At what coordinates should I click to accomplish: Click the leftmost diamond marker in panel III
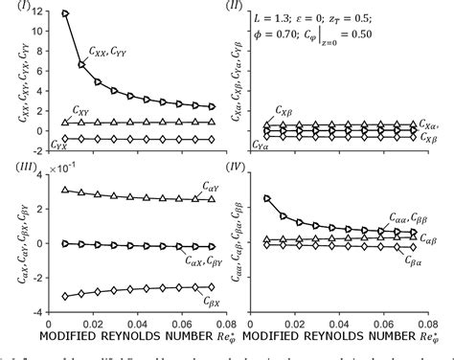(64, 295)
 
